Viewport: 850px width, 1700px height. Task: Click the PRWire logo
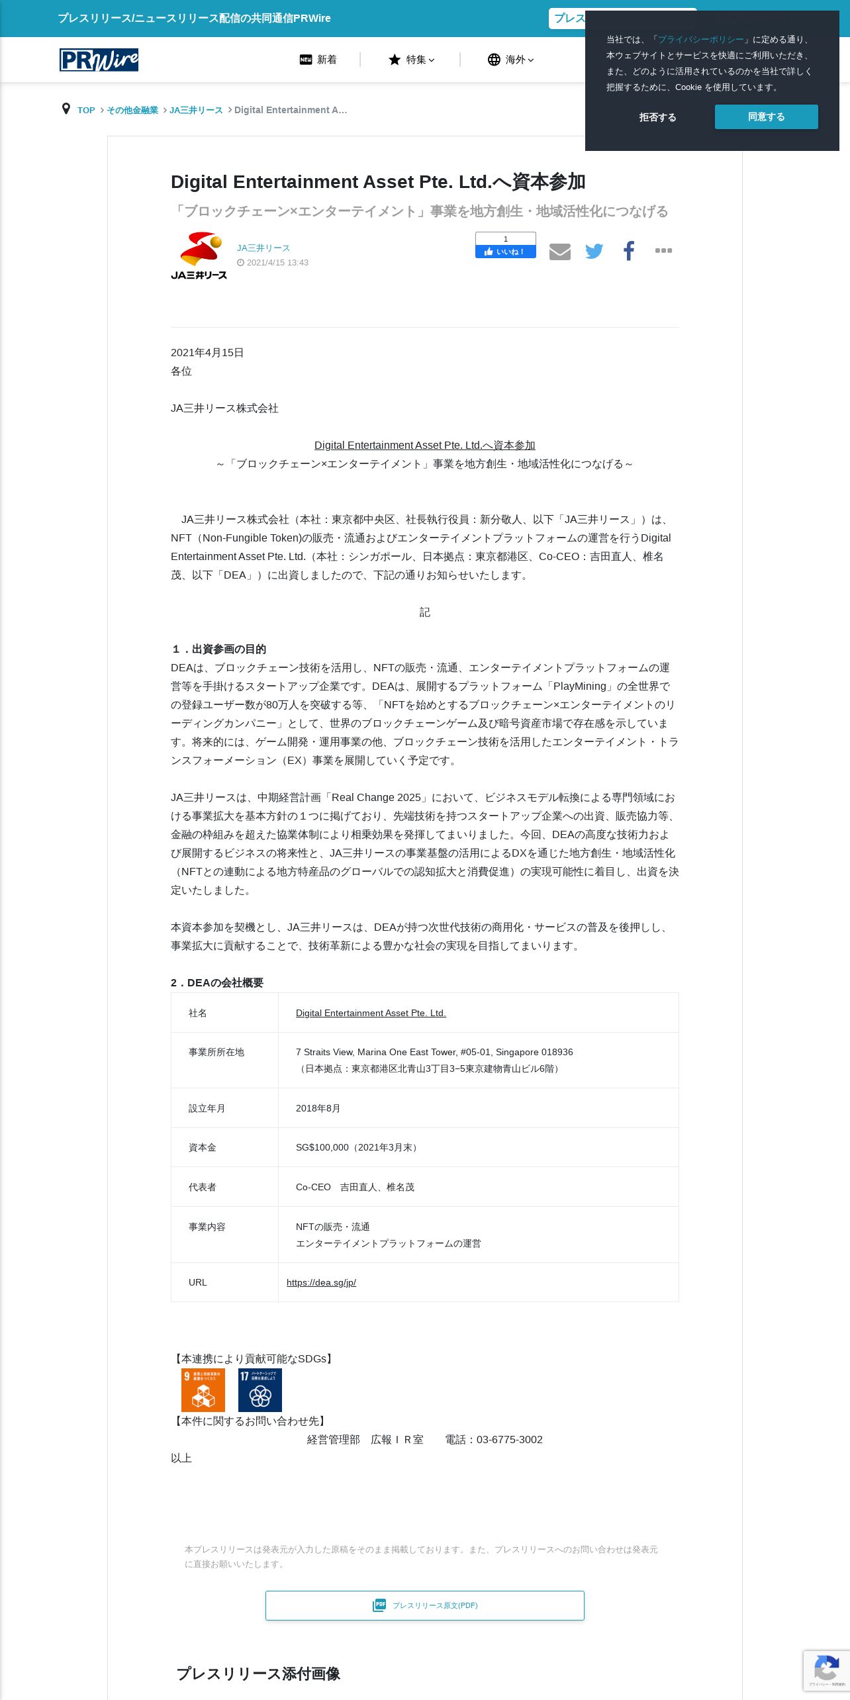coord(99,60)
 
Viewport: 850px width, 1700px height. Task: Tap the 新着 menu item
coord(318,60)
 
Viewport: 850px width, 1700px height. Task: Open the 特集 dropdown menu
coord(411,60)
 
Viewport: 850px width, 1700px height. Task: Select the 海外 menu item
coord(510,60)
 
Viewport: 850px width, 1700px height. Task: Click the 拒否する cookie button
coord(657,117)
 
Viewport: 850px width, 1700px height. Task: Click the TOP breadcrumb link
coord(86,110)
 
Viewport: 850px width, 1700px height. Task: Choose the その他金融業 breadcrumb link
coord(132,110)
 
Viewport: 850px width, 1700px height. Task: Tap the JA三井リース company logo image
coord(199,256)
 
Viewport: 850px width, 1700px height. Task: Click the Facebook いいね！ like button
coord(505,252)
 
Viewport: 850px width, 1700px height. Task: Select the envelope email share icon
coord(559,252)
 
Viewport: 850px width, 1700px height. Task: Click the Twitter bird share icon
coord(594,251)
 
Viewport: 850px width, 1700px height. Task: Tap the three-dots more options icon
coord(663,250)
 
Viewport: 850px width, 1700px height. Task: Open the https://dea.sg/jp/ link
coord(321,1282)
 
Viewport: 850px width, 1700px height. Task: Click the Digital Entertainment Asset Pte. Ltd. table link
coord(371,1013)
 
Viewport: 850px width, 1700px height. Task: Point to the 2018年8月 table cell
coord(318,1108)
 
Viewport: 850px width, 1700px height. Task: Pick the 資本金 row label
coord(203,1147)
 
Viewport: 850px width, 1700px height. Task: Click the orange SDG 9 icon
coord(203,1390)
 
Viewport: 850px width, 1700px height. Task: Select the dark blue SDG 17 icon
coord(260,1390)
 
